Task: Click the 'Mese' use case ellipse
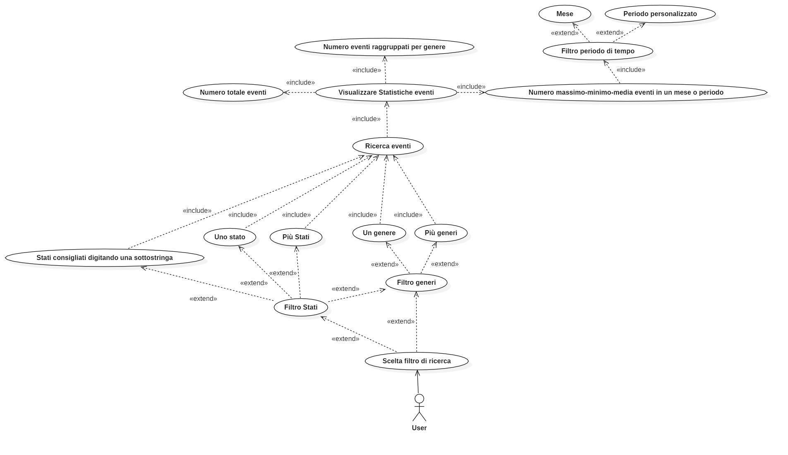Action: [x=565, y=14]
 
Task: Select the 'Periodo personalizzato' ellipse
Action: [x=660, y=14]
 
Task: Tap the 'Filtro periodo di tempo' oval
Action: [x=598, y=51]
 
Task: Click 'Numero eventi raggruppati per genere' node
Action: [x=384, y=47]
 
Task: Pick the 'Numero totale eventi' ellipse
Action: [x=233, y=93]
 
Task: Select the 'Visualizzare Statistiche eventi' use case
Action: [x=386, y=93]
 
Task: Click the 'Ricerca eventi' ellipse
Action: [x=388, y=146]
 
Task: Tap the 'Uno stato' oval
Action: [x=230, y=237]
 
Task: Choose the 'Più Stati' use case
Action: [x=296, y=237]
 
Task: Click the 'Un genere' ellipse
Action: [x=379, y=233]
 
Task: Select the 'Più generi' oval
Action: [x=441, y=233]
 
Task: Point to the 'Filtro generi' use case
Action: [x=416, y=283]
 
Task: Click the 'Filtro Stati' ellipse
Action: [x=301, y=307]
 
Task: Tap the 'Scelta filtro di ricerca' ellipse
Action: [x=417, y=361]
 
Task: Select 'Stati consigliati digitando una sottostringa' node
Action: [x=105, y=258]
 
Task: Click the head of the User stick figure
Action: [x=419, y=399]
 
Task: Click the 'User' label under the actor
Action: [x=419, y=428]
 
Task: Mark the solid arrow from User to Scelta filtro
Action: [x=418, y=382]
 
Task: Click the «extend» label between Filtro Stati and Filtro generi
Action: [x=345, y=289]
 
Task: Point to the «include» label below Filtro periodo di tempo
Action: [x=631, y=70]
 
